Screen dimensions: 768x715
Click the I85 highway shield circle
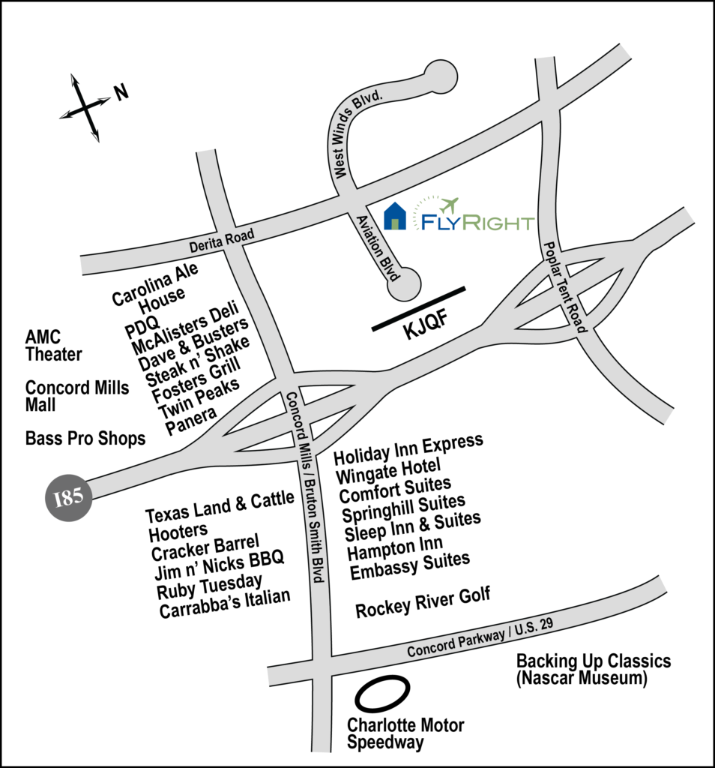coord(68,496)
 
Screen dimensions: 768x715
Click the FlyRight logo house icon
coord(395,215)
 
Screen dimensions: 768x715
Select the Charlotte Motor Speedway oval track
coord(382,694)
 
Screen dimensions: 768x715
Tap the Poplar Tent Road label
coord(567,286)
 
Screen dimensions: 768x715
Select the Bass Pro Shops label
coord(85,438)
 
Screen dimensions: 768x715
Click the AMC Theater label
coord(53,346)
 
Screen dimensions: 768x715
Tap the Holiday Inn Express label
coord(408,448)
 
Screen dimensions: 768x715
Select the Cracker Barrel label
coord(205,547)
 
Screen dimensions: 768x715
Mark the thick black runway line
coord(419,308)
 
